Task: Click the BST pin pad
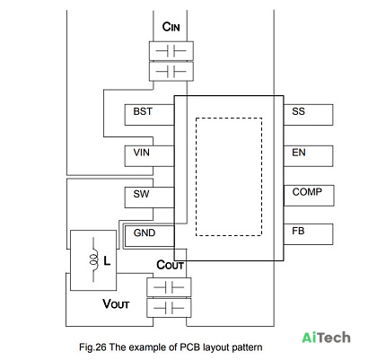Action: tap(149, 115)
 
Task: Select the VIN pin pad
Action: tap(149, 156)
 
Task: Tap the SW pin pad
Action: tap(149, 198)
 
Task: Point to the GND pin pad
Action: tap(149, 236)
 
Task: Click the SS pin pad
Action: tap(308, 115)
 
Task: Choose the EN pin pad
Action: tap(308, 156)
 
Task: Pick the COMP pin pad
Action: tap(309, 196)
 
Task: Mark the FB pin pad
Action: tap(308, 234)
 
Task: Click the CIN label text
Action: tap(171, 27)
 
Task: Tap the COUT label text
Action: tap(170, 265)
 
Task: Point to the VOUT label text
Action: tap(116, 304)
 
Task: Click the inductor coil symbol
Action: tap(93, 259)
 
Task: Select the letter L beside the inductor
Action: tap(107, 260)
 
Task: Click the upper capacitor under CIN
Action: tap(171, 51)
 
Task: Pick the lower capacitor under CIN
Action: tap(171, 71)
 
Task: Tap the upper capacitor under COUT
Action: tap(169, 287)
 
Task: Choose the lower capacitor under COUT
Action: tap(169, 308)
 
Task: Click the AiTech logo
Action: tap(326, 338)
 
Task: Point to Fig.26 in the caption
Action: tap(92, 347)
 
